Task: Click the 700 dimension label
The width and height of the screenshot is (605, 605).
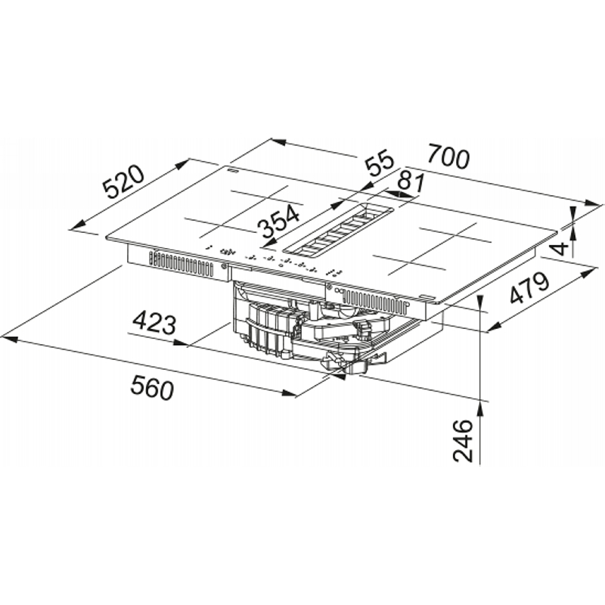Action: click(x=448, y=157)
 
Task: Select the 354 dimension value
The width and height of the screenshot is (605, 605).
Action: click(x=279, y=222)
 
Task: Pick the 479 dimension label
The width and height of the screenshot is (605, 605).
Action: click(x=529, y=288)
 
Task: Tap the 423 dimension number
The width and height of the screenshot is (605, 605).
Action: click(x=154, y=324)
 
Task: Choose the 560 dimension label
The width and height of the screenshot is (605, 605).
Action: click(x=152, y=387)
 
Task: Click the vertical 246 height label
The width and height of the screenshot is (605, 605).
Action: click(x=463, y=441)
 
